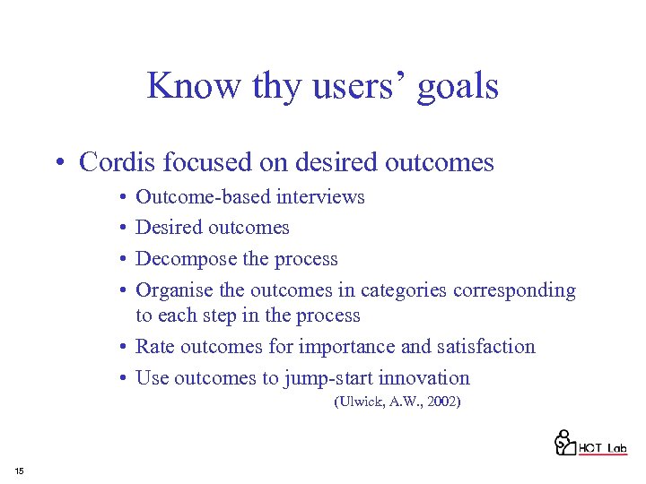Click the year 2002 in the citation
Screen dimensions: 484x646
point(444,402)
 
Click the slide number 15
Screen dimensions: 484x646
point(19,471)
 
